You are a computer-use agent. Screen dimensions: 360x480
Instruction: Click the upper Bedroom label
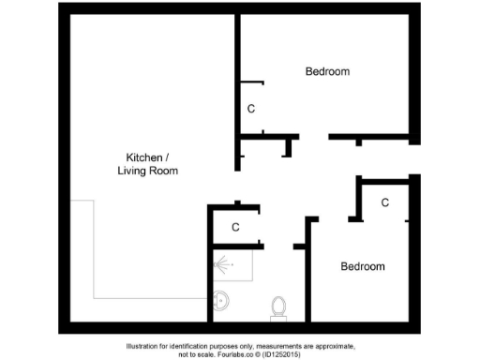pos(327,72)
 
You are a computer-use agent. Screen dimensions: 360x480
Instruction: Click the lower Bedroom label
pos(362,267)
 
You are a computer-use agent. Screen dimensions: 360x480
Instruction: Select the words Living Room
pos(148,171)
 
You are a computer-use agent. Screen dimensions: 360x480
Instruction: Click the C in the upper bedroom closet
pos(250,109)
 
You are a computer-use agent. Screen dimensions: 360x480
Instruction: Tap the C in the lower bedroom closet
pos(385,202)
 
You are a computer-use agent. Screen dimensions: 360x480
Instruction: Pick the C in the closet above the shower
pos(236,227)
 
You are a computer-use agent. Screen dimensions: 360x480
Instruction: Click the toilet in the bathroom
pos(278,307)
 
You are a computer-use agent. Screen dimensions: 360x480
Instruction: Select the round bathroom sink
pos(221,301)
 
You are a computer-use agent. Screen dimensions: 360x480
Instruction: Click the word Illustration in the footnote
pos(147,346)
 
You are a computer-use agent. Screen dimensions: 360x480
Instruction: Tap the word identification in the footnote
pos(196,346)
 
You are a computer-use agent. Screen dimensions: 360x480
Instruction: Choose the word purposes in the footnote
pos(229,346)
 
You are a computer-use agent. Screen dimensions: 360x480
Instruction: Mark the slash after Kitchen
pos(168,157)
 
